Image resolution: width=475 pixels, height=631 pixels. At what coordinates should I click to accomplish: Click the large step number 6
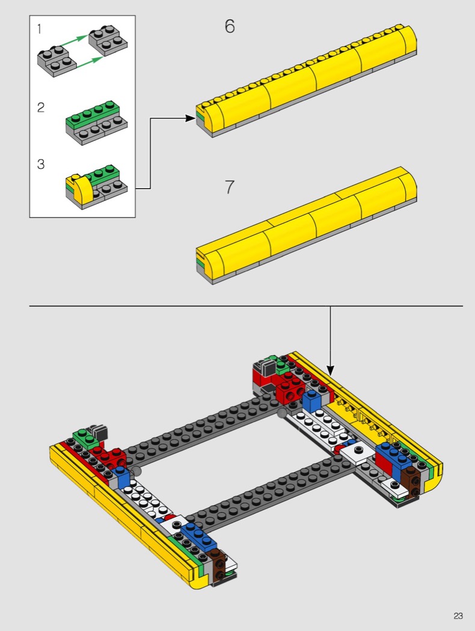click(x=230, y=26)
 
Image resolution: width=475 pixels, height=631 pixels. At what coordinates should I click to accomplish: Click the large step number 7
click(x=230, y=187)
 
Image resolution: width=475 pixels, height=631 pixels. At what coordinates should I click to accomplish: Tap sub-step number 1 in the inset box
click(x=39, y=29)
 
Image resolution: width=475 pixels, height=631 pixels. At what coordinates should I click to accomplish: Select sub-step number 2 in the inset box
click(x=41, y=108)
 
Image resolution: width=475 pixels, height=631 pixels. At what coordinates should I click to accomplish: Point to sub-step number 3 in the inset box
click(x=41, y=164)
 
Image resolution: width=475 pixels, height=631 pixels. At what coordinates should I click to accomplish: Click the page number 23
click(x=458, y=616)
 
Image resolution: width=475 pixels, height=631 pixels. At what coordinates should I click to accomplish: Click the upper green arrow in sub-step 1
click(x=73, y=41)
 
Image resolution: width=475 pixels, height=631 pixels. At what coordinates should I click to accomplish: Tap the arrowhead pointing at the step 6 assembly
click(x=191, y=118)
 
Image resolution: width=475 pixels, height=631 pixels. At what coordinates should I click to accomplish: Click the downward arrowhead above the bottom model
click(x=330, y=371)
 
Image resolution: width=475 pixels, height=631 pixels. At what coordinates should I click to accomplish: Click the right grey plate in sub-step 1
click(x=109, y=40)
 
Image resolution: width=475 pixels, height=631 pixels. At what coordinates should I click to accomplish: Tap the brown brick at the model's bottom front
click(x=219, y=565)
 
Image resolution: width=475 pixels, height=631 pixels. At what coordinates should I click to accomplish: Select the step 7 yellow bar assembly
click(x=307, y=225)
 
